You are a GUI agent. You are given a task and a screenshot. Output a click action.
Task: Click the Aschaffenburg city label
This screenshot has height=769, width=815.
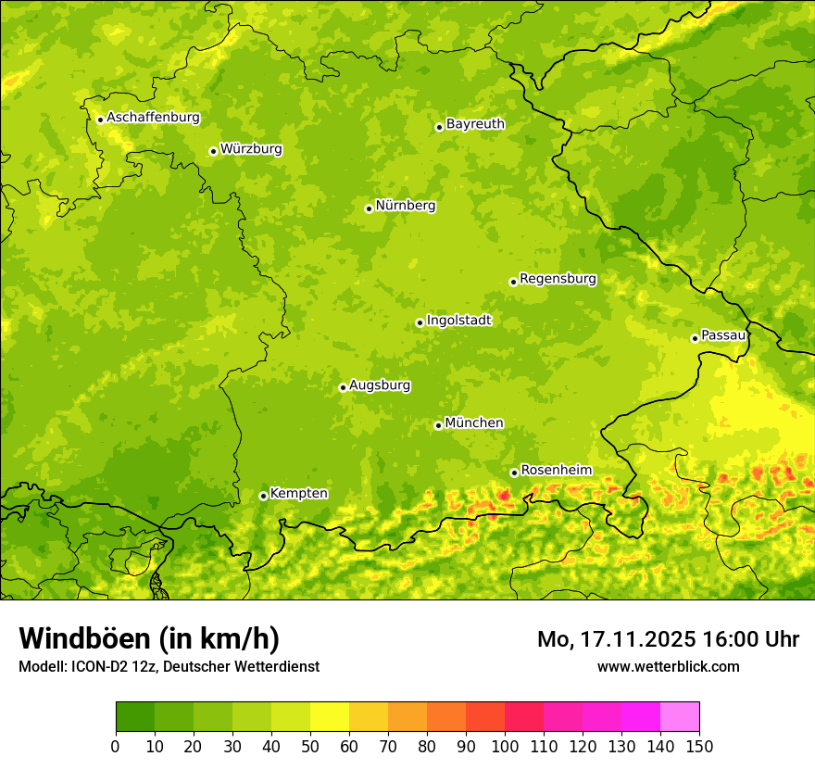[x=153, y=118]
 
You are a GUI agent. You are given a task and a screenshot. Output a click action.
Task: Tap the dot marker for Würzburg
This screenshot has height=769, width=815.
[x=213, y=151]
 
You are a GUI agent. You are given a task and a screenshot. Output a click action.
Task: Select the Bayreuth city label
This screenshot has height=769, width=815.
[x=475, y=123]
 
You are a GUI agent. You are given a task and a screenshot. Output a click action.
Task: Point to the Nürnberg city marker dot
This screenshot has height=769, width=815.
[x=369, y=208]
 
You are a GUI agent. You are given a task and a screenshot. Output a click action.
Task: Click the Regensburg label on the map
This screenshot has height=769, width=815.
[x=558, y=278]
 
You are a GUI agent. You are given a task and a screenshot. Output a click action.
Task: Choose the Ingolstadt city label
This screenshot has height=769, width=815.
[x=458, y=320]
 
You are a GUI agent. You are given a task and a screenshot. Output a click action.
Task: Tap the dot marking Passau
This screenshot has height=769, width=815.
[x=695, y=338]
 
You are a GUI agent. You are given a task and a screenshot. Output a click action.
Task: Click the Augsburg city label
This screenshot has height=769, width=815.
[x=380, y=384]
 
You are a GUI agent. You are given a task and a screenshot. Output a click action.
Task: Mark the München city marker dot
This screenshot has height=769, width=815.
[x=438, y=425]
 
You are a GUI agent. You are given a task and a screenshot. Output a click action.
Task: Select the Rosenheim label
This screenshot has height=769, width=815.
[x=556, y=470]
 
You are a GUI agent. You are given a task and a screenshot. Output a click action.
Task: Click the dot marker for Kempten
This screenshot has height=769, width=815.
[x=263, y=496]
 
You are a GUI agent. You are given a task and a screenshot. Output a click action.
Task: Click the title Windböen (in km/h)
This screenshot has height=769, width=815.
[x=149, y=638]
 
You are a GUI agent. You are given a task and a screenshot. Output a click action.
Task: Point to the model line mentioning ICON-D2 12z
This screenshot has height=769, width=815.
[x=169, y=667]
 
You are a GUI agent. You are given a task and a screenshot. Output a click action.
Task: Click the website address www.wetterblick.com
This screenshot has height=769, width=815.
[x=668, y=666]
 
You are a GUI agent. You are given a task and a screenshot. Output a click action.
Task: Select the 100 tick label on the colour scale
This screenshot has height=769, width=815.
[x=505, y=747]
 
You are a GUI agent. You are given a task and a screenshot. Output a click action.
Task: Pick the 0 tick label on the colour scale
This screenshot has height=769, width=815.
[x=116, y=747]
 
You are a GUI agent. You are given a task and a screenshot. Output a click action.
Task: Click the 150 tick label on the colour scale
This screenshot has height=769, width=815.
[x=699, y=747]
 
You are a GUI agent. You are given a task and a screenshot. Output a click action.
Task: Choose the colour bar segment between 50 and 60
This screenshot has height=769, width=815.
[x=330, y=717]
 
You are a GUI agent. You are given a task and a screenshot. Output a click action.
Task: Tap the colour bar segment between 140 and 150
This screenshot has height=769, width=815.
[x=680, y=717]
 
